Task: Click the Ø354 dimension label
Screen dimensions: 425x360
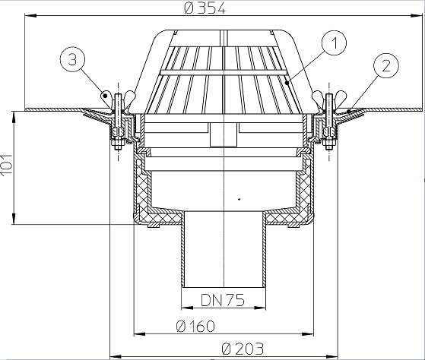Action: (205, 8)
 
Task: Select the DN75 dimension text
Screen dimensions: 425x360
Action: (223, 300)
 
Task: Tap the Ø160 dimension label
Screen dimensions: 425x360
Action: (195, 326)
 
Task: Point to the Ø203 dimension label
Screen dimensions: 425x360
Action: (243, 349)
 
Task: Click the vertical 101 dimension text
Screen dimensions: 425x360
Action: (7, 165)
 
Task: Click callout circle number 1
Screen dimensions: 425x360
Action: (335, 43)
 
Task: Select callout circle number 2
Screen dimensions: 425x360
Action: (386, 66)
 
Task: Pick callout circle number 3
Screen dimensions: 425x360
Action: (72, 59)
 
